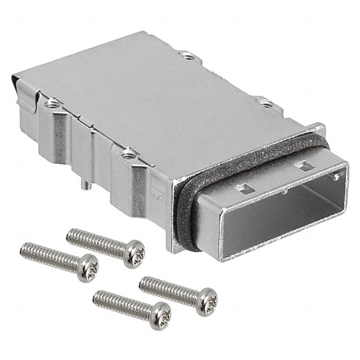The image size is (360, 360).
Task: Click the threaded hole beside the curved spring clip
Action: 52,103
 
